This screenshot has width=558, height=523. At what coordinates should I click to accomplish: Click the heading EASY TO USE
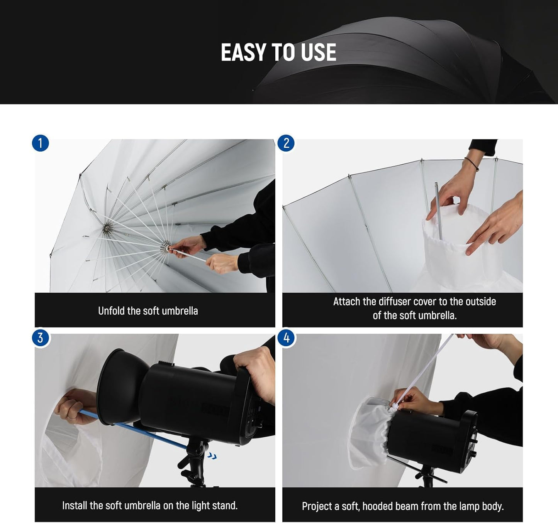[x=278, y=52]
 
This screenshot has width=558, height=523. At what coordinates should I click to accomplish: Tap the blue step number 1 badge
[x=40, y=143]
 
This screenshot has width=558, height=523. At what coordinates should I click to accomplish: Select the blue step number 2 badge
[x=286, y=143]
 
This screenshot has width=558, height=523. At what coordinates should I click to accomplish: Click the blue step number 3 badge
[x=40, y=338]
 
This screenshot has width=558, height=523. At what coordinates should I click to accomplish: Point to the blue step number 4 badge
[x=286, y=338]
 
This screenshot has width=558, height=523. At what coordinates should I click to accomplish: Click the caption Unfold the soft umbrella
[x=148, y=311]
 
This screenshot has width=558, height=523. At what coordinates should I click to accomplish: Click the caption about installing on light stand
[x=150, y=505]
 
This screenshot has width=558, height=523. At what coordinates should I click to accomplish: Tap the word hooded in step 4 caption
[x=380, y=506]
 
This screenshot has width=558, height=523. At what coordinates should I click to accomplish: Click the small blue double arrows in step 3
[x=212, y=456]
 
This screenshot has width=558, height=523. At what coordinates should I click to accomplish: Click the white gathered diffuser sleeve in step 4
[x=371, y=432]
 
